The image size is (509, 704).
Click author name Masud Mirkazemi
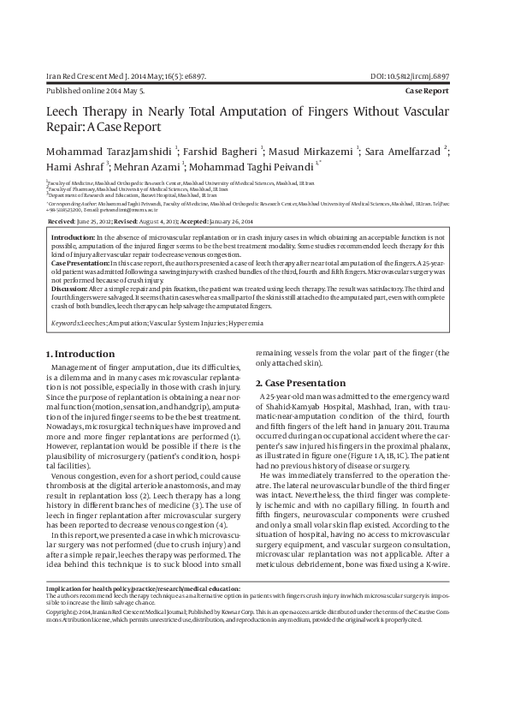(x=317, y=152)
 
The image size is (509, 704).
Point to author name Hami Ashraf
(x=72, y=168)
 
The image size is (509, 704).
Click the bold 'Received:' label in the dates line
(x=62, y=221)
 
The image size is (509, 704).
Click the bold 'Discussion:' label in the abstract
(x=74, y=289)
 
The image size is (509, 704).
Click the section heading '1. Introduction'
(x=80, y=354)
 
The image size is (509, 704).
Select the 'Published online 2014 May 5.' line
(x=95, y=89)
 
